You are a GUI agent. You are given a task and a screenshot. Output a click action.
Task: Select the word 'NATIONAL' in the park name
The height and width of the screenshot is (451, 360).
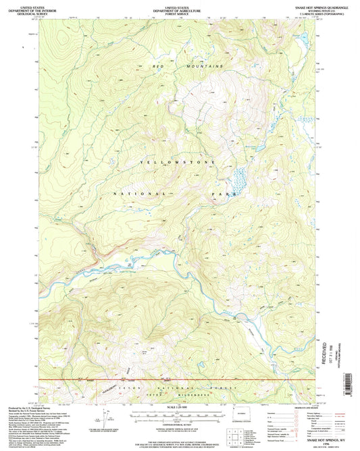135,192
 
